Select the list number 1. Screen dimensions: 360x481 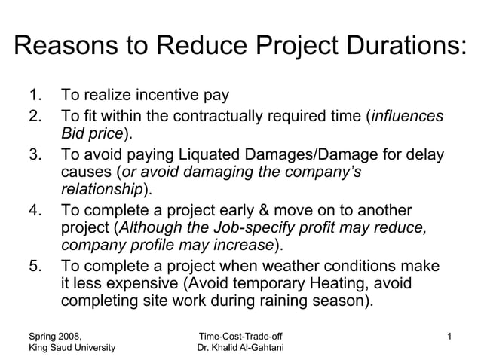coord(34,96)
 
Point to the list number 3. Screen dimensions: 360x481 coord(34,154)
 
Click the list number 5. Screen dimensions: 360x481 coord(34,266)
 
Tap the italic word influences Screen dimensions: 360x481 coord(406,117)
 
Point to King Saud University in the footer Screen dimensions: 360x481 coord(72,347)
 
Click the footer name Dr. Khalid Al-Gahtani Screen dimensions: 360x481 coord(240,347)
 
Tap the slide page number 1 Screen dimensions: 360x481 coord(449,334)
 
